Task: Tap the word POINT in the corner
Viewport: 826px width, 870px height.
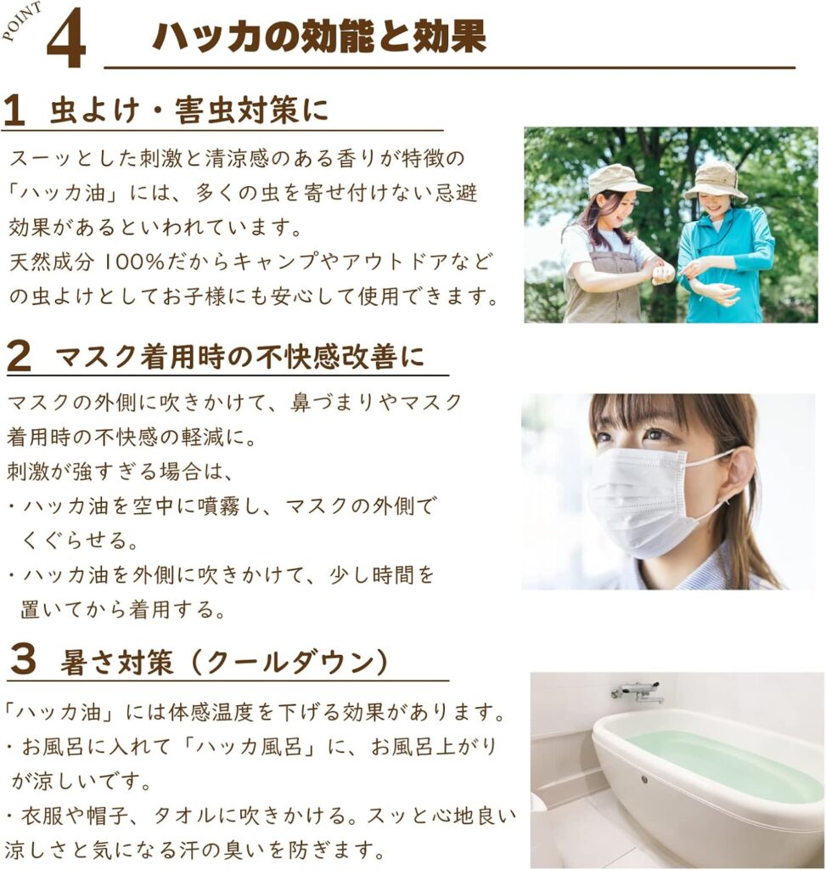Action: click(22, 22)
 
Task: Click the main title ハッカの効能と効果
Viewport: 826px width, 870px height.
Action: click(319, 37)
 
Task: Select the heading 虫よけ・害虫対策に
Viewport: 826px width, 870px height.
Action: click(189, 110)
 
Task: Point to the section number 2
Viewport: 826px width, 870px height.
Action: click(19, 356)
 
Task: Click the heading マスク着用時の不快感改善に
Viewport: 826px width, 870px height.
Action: click(240, 356)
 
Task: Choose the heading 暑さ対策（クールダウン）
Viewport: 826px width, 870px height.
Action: click(224, 661)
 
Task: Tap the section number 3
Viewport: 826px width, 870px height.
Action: click(23, 660)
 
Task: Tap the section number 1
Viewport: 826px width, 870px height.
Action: click(14, 110)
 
